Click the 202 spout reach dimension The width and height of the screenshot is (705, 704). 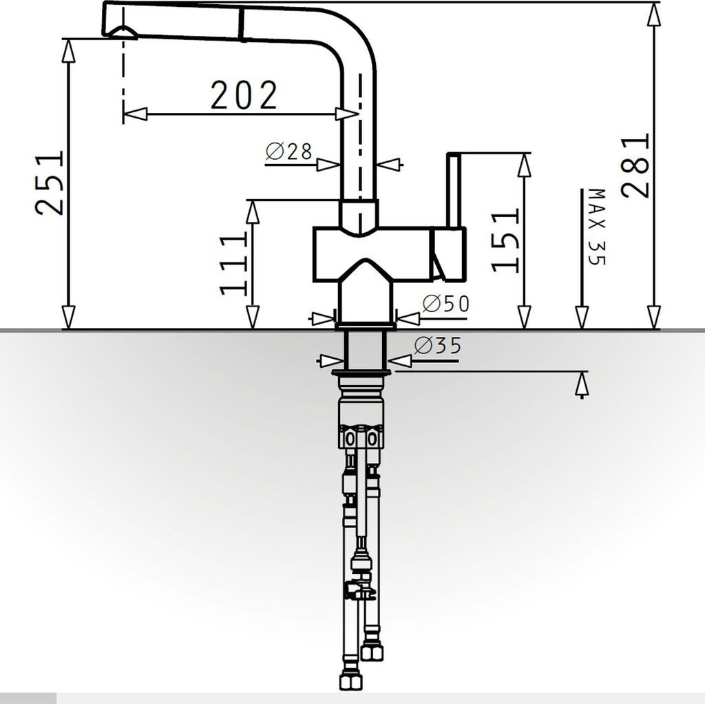[244, 95]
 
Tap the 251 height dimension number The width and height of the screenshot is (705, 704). [50, 183]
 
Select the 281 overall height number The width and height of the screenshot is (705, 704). [635, 165]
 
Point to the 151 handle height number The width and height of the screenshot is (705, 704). [505, 240]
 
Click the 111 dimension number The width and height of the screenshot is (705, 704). [234, 264]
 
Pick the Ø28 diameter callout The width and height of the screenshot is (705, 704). [288, 152]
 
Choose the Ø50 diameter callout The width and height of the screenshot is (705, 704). [446, 304]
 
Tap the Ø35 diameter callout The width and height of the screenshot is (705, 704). [439, 346]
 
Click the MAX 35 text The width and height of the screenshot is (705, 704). [597, 227]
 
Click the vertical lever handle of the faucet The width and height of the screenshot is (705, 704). [453, 191]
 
